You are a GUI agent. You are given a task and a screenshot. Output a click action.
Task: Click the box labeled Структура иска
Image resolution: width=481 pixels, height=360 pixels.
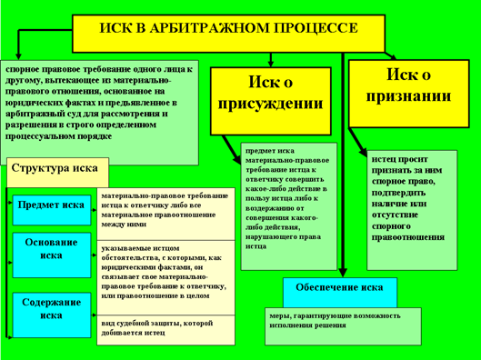tap(55, 170)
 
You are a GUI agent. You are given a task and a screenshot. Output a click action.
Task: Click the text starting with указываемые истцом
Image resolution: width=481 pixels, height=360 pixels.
tap(164, 271)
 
